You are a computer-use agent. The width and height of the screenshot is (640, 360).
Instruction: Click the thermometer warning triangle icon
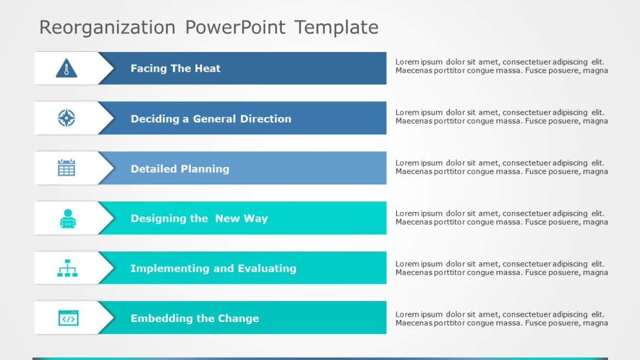click(66, 68)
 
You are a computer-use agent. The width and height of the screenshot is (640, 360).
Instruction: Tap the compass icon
click(66, 118)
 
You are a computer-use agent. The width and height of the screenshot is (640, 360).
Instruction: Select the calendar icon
click(66, 168)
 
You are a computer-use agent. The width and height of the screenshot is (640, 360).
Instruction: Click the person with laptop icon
click(67, 218)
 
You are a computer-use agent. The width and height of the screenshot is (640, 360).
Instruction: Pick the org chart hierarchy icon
click(67, 268)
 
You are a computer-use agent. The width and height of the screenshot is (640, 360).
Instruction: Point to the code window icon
click(68, 318)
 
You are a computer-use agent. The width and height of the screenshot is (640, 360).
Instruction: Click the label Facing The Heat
click(175, 68)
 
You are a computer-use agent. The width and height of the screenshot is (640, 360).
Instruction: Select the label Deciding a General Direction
click(210, 119)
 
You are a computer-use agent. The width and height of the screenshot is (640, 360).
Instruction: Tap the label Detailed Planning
click(180, 169)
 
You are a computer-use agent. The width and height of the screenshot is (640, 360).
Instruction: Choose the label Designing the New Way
click(199, 218)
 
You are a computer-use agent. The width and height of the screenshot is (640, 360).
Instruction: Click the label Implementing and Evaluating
click(213, 268)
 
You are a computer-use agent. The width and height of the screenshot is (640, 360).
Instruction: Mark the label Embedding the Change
click(194, 318)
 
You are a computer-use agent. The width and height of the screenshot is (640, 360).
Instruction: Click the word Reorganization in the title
click(107, 27)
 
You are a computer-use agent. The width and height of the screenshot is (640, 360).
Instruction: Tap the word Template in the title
click(336, 27)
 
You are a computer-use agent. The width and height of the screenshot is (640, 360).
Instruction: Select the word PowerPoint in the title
click(235, 27)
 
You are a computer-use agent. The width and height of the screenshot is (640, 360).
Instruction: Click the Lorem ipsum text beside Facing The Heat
click(501, 66)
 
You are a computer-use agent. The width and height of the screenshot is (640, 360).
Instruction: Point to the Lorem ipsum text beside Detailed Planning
click(501, 167)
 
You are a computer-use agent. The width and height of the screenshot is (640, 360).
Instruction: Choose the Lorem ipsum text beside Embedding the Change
click(501, 318)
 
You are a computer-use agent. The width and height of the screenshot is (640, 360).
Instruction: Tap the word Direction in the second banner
click(266, 119)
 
